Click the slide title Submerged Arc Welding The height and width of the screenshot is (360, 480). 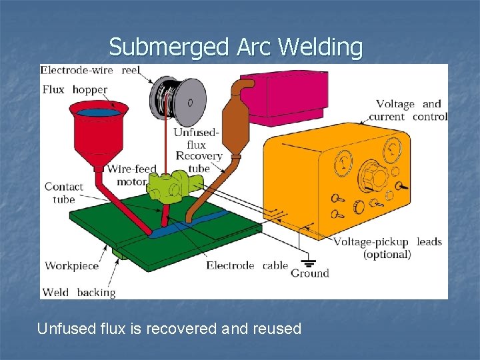click(236, 47)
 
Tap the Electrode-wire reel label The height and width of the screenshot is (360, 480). click(91, 70)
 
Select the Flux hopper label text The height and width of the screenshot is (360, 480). click(74, 89)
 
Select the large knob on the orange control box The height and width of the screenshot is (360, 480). click(377, 177)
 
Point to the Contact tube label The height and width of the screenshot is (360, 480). click(63, 193)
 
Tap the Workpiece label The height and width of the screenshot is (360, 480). click(71, 266)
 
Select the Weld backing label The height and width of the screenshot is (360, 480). click(79, 292)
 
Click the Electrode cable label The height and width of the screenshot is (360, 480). click(247, 265)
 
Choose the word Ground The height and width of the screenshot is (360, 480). click(310, 273)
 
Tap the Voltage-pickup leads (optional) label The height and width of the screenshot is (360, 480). click(387, 247)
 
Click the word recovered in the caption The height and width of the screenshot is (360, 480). click(189, 329)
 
